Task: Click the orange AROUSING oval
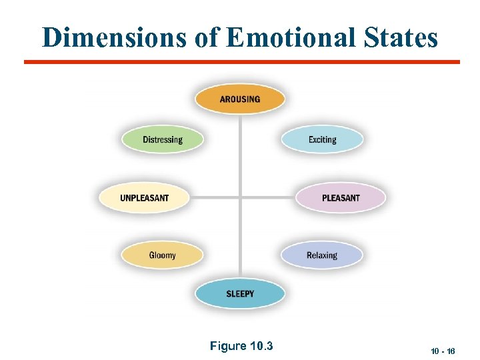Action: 240,99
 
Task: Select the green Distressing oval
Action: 162,140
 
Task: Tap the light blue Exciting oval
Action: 322,140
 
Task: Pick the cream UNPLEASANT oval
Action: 144,198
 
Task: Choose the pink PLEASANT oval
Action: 340,198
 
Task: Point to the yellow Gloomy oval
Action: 162,255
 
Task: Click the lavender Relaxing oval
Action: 322,255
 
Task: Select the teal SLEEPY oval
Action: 240,294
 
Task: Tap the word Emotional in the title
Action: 291,37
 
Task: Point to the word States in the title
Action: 400,37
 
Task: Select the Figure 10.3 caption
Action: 241,346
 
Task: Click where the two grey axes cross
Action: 240,198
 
